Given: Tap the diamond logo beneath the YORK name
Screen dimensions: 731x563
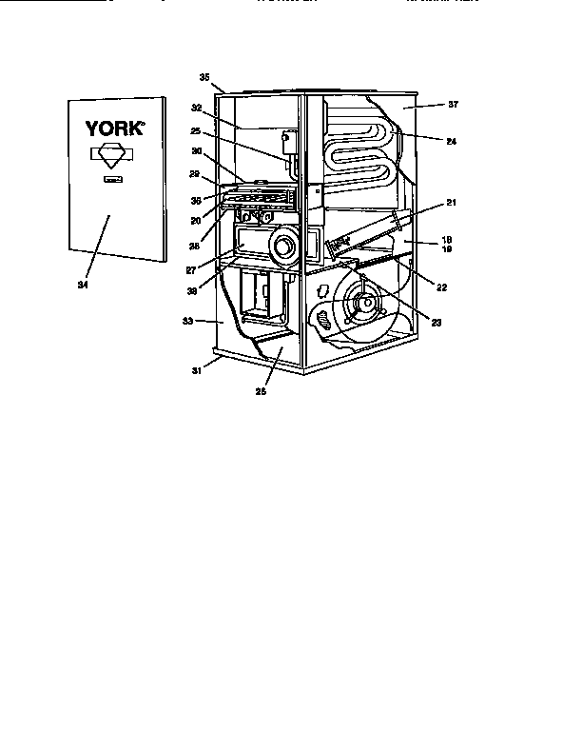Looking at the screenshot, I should [112, 156].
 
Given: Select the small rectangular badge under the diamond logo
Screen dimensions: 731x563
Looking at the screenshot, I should [112, 178].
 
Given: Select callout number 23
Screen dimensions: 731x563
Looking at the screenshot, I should [437, 323].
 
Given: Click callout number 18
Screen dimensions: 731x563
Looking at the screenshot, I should [446, 240].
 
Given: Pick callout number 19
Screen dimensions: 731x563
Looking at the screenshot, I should [446, 249].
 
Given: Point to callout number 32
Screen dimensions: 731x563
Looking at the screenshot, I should [197, 109].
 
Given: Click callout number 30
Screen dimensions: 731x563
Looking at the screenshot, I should [197, 150].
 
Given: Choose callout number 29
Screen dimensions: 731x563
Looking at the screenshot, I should [194, 175].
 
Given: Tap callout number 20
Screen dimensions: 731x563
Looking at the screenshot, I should [195, 220].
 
